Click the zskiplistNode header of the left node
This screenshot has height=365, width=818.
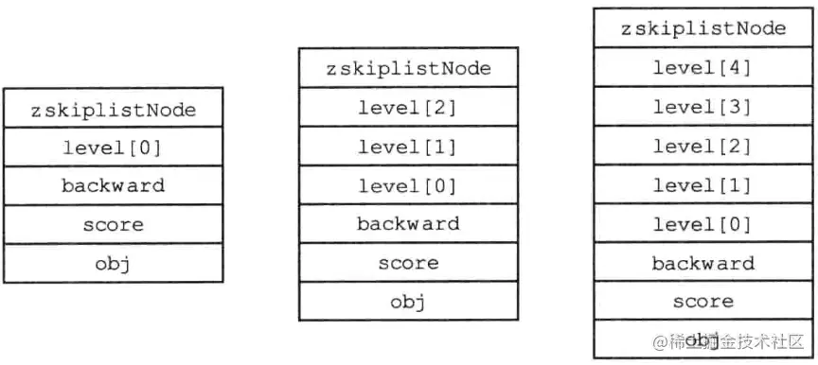(114, 109)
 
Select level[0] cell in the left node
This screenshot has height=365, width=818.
(114, 147)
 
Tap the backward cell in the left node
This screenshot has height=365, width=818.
(114, 185)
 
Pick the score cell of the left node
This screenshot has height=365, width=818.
(114, 224)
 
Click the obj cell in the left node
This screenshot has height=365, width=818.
(114, 263)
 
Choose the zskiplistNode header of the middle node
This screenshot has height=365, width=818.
(408, 68)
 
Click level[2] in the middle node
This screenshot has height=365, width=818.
(408, 107)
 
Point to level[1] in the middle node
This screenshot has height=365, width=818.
(408, 146)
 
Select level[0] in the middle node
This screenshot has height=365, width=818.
(408, 184)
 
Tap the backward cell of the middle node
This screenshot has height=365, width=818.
(408, 223)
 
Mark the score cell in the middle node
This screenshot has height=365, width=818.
(408, 262)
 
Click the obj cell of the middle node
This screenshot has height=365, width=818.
(408, 302)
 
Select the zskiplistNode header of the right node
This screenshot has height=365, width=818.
(703, 27)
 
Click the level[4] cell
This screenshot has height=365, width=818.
(703, 67)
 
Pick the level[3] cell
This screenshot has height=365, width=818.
(703, 106)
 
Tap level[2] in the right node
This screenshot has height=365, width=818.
(703, 146)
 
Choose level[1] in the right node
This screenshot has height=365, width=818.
(703, 184)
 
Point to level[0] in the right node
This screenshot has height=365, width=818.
(703, 224)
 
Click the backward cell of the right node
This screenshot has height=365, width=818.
(703, 263)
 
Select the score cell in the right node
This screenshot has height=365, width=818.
(703, 302)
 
